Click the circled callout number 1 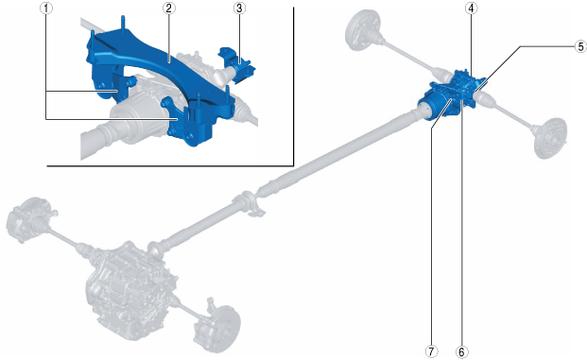pyautogui.click(x=46, y=9)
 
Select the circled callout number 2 pyautogui.click(x=169, y=9)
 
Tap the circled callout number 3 pyautogui.click(x=239, y=9)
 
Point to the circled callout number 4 pyautogui.click(x=472, y=9)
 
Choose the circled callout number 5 pyautogui.click(x=580, y=46)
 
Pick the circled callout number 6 pyautogui.click(x=461, y=351)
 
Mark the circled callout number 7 pyautogui.click(x=432, y=351)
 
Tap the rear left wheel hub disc pyautogui.click(x=361, y=29)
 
